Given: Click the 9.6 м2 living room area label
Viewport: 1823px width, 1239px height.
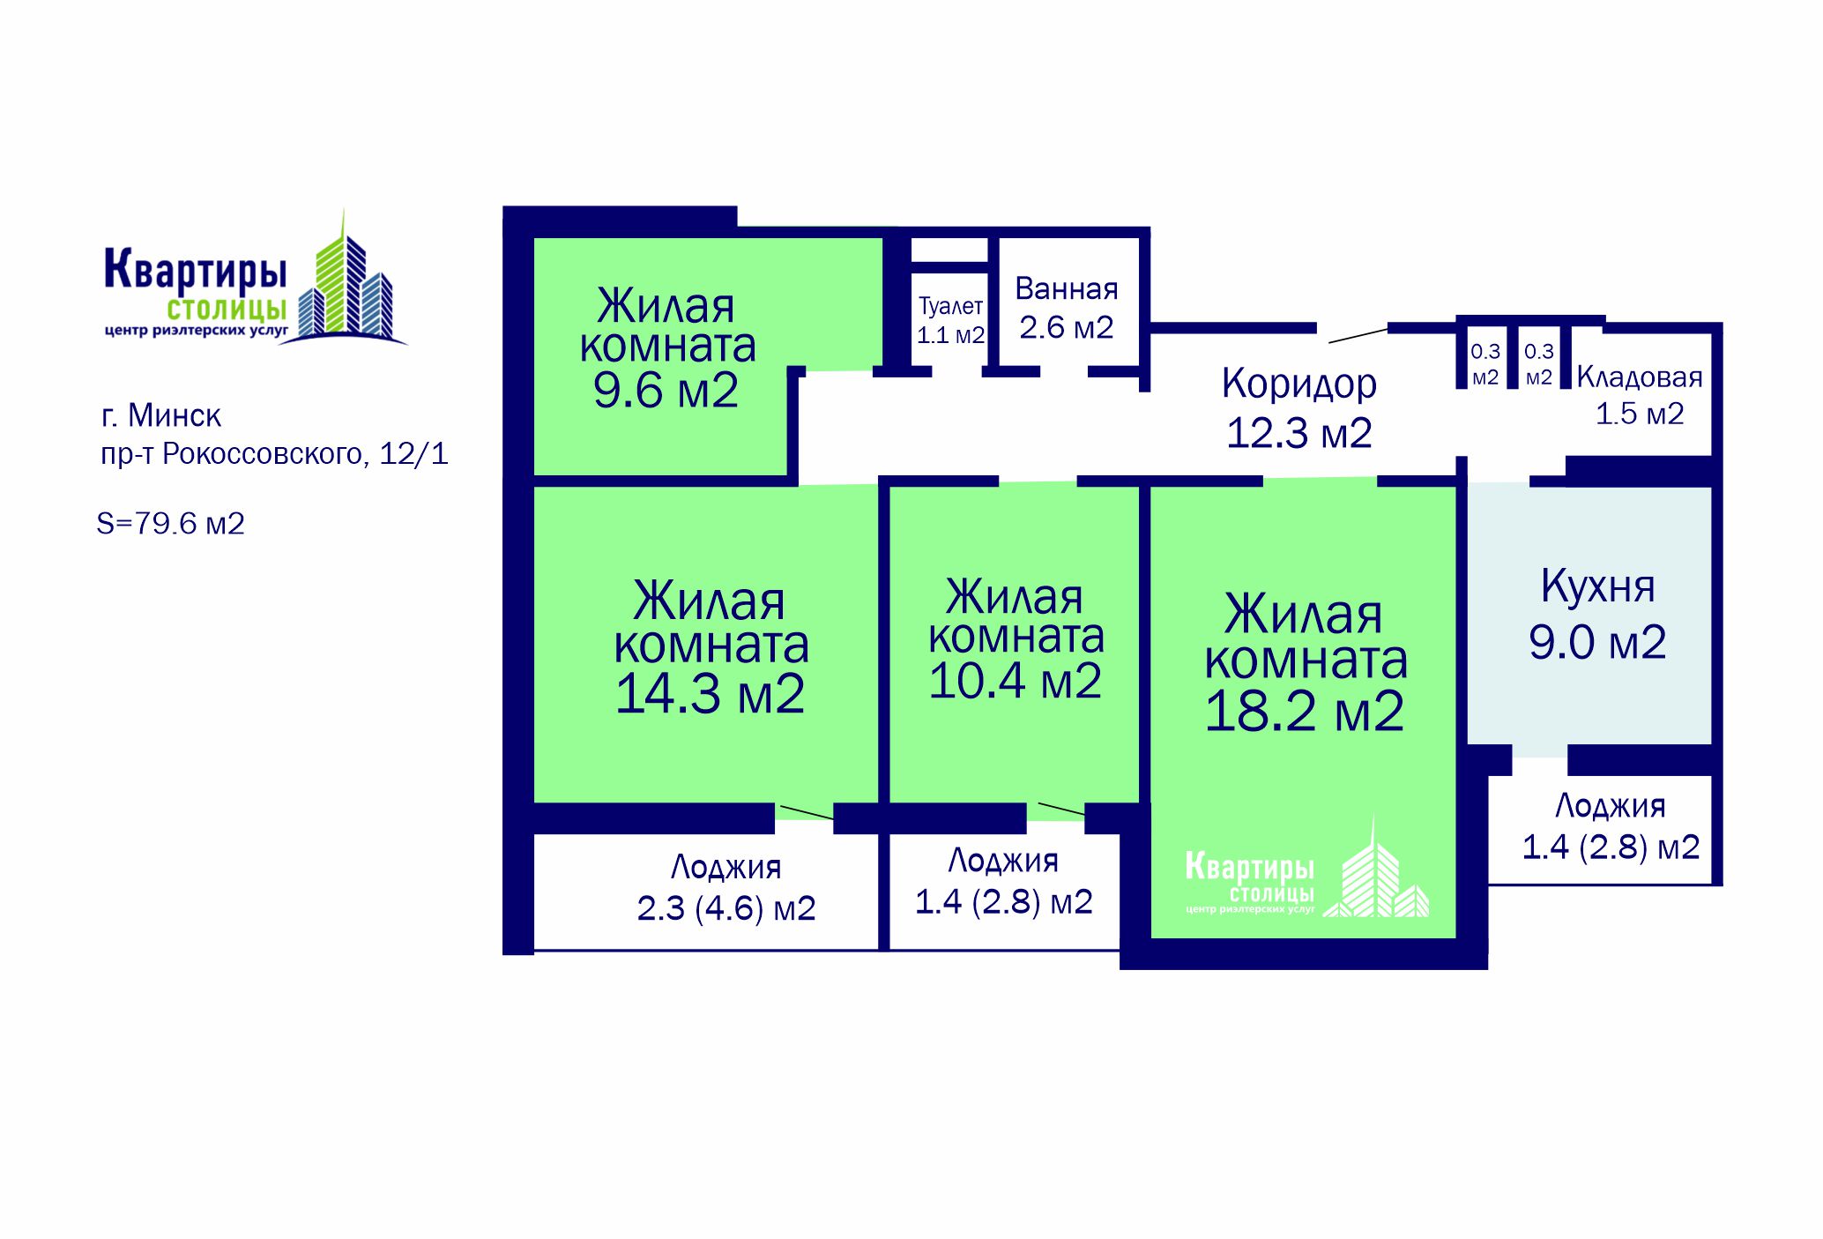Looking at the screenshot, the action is pyautogui.click(x=666, y=390).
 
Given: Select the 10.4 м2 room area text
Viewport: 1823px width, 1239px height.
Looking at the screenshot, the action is pyautogui.click(x=1015, y=680).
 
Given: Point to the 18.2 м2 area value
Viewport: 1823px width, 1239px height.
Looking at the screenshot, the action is pyautogui.click(x=1304, y=711).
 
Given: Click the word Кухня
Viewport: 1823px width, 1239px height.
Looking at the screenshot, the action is pyautogui.click(x=1597, y=586).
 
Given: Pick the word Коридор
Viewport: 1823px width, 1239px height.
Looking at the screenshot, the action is pyautogui.click(x=1299, y=384).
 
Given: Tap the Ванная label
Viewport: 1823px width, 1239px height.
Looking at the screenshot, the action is pyautogui.click(x=1067, y=288).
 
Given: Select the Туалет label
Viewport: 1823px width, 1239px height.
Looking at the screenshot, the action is pyautogui.click(x=950, y=306).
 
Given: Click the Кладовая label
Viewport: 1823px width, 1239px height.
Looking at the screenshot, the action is pyautogui.click(x=1640, y=377).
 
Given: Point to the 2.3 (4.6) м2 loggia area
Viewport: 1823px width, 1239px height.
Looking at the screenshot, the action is pyautogui.click(x=726, y=908).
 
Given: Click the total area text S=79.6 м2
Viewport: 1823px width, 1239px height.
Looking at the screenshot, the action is pyautogui.click(x=170, y=524).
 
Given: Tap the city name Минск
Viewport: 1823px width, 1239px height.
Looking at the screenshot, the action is pyautogui.click(x=175, y=415).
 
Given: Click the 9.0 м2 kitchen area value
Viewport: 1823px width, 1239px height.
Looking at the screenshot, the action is pyautogui.click(x=1597, y=642).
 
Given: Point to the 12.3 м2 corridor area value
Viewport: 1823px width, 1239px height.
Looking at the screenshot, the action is pyautogui.click(x=1299, y=433).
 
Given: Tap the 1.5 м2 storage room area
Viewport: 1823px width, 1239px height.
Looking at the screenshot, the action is pyautogui.click(x=1640, y=414).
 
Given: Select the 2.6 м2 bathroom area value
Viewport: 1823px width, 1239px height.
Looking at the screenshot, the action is pyautogui.click(x=1067, y=327).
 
